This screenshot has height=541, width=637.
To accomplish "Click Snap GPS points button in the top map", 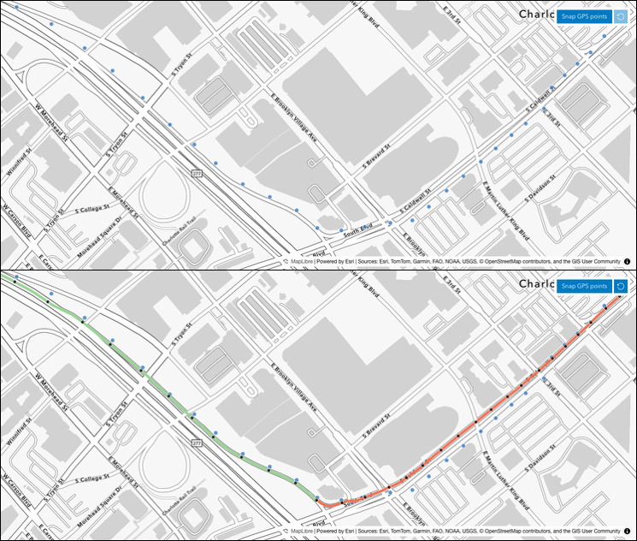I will tap(584, 15).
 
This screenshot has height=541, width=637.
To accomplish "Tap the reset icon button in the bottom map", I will tap(622, 286).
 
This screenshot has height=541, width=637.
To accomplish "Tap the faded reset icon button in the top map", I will tap(622, 15).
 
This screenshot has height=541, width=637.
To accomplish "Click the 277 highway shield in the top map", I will tap(197, 174).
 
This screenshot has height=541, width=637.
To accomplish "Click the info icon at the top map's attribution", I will tap(627, 260).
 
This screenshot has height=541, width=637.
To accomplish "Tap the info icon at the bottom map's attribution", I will tap(627, 531).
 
